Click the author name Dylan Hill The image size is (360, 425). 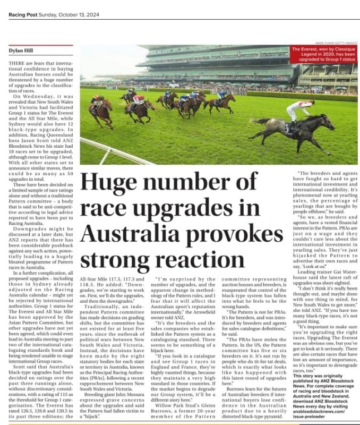tap(21, 50)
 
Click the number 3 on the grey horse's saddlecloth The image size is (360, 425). tap(287, 128)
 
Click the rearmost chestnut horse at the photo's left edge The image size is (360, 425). tap(101, 112)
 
